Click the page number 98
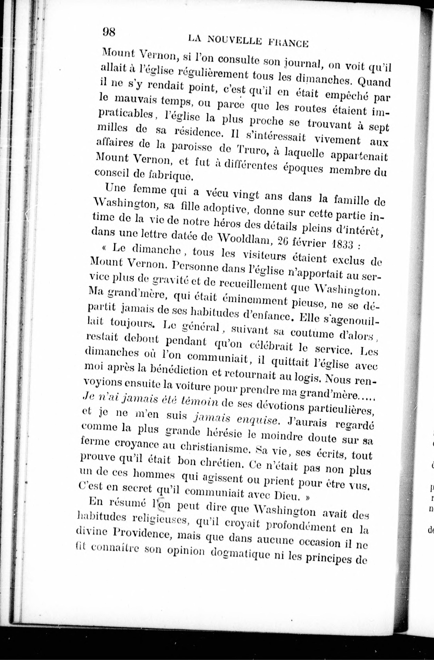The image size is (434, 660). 109,32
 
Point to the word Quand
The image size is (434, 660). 374,82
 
